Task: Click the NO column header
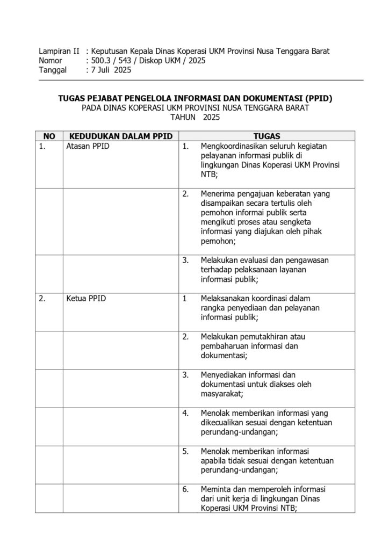[x=49, y=136]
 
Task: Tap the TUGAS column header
[x=266, y=136]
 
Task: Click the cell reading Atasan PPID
[x=88, y=147]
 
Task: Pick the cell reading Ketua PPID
[x=86, y=299]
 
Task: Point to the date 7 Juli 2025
[x=111, y=70]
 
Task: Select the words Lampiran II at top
[x=59, y=52]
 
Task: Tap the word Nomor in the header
[x=51, y=61]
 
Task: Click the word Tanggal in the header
[x=53, y=70]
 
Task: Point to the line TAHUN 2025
[x=194, y=117]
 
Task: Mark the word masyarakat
[x=221, y=394]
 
